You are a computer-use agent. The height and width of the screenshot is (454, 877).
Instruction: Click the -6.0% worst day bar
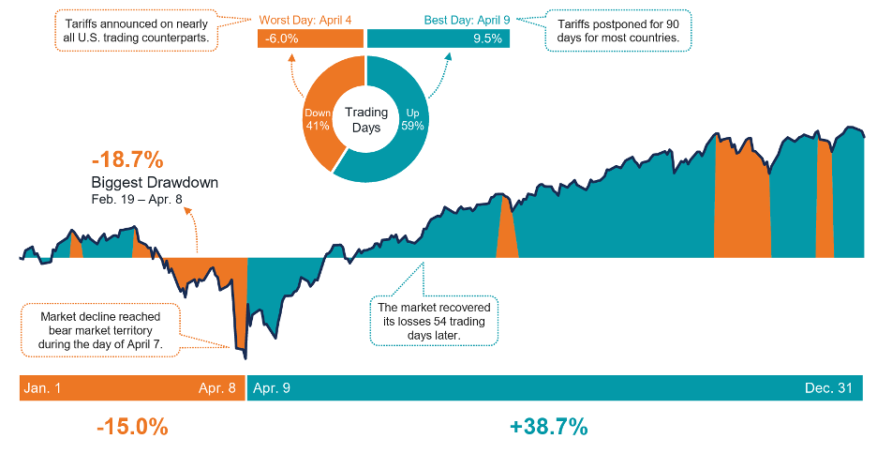310,38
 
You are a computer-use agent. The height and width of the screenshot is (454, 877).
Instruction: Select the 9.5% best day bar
438,38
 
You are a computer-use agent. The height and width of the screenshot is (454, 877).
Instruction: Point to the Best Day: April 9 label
438,19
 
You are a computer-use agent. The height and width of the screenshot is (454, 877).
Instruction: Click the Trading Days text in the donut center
366,120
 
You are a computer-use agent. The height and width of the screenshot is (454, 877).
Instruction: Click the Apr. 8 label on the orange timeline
216,388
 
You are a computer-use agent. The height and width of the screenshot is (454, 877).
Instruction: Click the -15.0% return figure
132,427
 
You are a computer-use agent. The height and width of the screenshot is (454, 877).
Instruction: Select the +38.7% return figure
549,427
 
